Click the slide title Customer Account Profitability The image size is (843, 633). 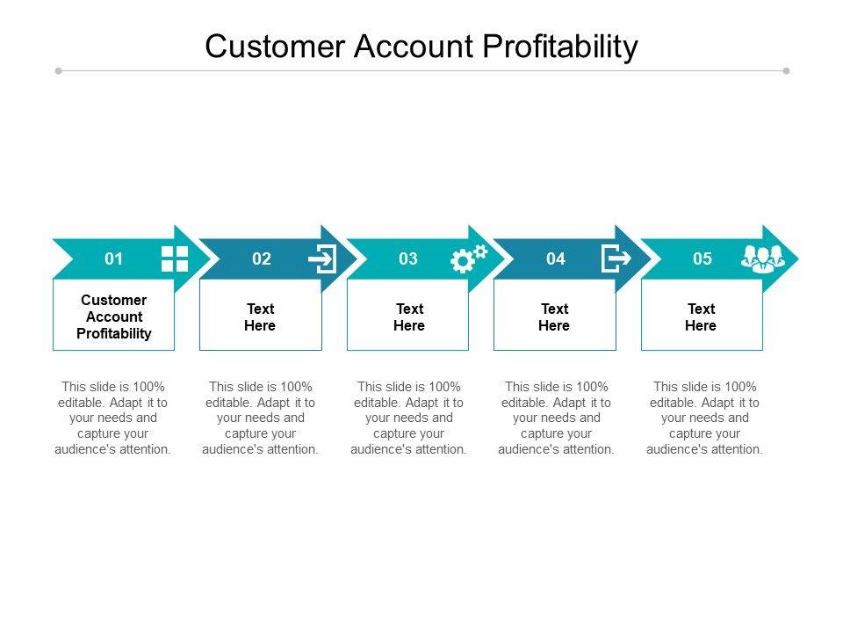421,46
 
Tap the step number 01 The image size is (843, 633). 114,258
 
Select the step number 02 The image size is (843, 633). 262,258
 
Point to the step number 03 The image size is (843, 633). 408,258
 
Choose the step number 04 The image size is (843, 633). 556,258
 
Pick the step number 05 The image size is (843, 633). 702,258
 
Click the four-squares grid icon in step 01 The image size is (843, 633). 175,258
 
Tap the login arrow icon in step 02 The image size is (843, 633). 322,258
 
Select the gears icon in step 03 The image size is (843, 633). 468,258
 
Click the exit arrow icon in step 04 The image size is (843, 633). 616,258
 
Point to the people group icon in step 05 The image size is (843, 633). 762,258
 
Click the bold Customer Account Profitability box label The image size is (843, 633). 114,316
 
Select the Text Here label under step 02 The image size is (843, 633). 260,317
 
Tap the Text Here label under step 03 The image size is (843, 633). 409,317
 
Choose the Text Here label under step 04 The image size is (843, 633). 554,317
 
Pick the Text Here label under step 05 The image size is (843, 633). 701,317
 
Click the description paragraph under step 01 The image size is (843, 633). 114,418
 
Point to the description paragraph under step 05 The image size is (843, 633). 705,418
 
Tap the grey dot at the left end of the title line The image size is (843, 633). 59,70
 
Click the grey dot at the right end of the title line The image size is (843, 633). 786,70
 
